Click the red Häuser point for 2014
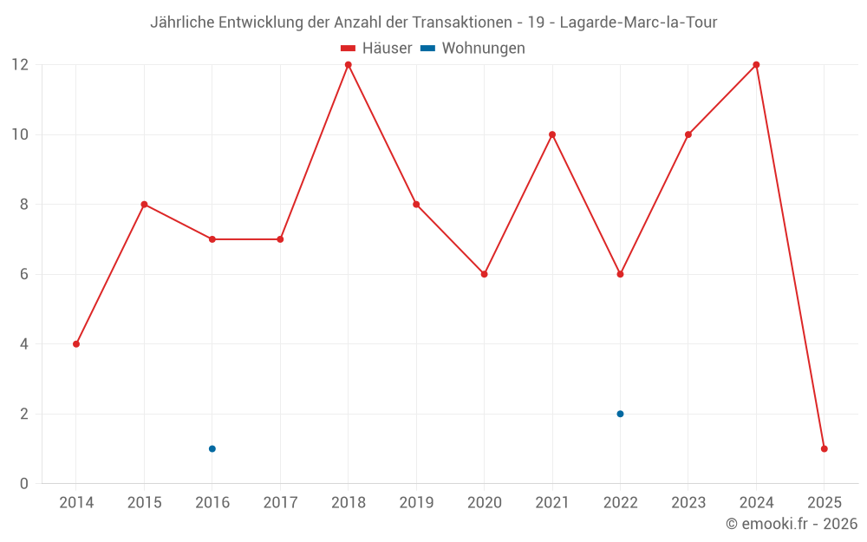76,344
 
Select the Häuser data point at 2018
349,65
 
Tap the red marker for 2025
824,448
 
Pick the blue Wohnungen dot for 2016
212,448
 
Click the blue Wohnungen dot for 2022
620,414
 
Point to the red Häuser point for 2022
620,274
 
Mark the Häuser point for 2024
756,65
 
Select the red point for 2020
484,274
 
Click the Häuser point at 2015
144,205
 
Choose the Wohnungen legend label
483,49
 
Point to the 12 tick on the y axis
19,65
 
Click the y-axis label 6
24,274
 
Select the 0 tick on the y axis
24,483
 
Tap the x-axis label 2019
416,503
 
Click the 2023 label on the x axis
688,503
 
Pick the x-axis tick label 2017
280,503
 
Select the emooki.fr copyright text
792,524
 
